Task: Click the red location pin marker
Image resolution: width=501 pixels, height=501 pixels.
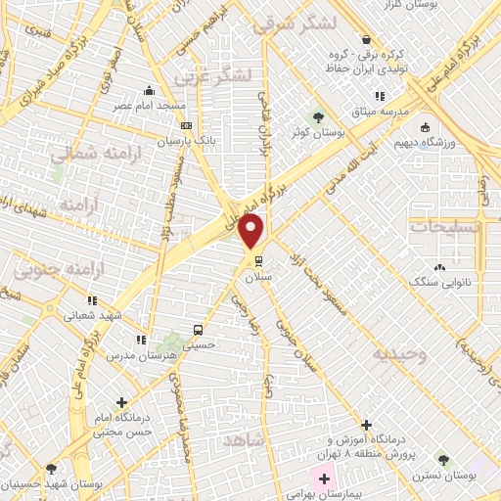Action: pyautogui.click(x=251, y=231)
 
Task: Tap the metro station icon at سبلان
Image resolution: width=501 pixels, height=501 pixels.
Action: pyautogui.click(x=259, y=261)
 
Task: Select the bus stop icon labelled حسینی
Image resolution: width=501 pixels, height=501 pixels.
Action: pyautogui.click(x=199, y=330)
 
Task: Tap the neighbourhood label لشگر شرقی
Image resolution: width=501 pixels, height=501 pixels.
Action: pyautogui.click(x=294, y=25)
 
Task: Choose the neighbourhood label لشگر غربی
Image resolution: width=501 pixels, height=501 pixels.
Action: pyautogui.click(x=212, y=74)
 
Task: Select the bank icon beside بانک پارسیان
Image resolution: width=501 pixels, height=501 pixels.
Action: pyautogui.click(x=187, y=125)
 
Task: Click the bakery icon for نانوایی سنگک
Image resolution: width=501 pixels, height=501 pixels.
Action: pyautogui.click(x=439, y=267)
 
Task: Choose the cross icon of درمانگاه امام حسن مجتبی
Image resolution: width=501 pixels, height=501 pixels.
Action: pyautogui.click(x=121, y=401)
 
